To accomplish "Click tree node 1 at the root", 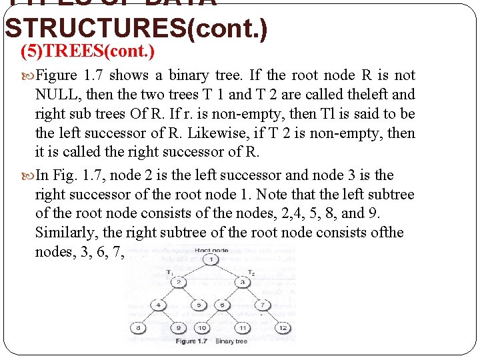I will click(x=211, y=259).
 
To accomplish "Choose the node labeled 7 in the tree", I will click(x=265, y=305).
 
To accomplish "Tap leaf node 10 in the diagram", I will click(x=202, y=328).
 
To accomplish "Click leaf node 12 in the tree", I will click(x=283, y=328).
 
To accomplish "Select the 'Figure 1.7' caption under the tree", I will click(x=194, y=341).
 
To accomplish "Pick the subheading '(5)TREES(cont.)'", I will click(x=88, y=51).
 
